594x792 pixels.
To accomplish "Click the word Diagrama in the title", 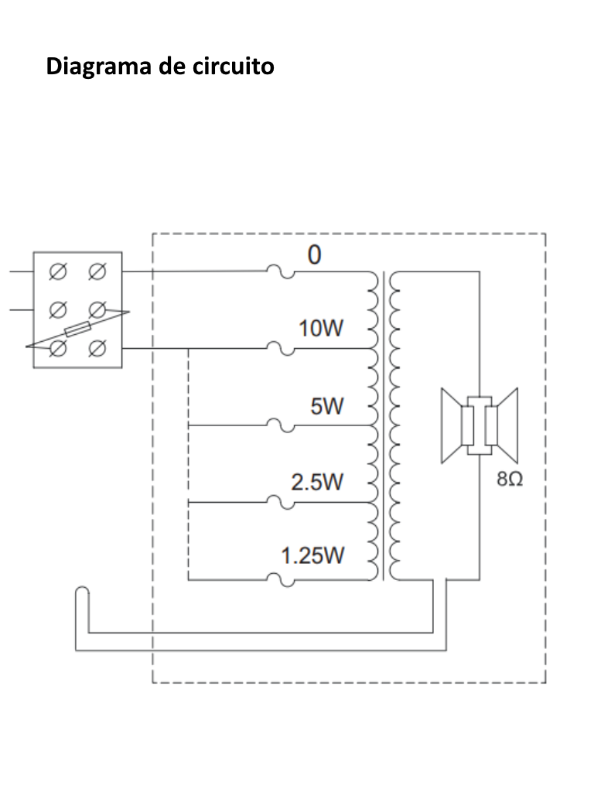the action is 99,67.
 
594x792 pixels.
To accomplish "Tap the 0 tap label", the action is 314,255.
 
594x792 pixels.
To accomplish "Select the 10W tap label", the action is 321,329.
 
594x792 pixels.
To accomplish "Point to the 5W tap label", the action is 327,406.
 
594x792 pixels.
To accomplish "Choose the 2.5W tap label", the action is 317,483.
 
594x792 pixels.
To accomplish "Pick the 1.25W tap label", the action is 312,556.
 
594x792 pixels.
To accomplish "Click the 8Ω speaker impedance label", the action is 510,480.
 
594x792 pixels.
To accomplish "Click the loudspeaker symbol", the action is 480,425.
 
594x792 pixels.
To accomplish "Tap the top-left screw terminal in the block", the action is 57,271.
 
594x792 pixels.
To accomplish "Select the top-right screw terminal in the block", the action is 97,271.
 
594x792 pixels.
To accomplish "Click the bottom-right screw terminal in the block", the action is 97,349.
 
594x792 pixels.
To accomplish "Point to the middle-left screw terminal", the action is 57,309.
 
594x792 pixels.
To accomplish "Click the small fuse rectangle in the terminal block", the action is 78,329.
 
